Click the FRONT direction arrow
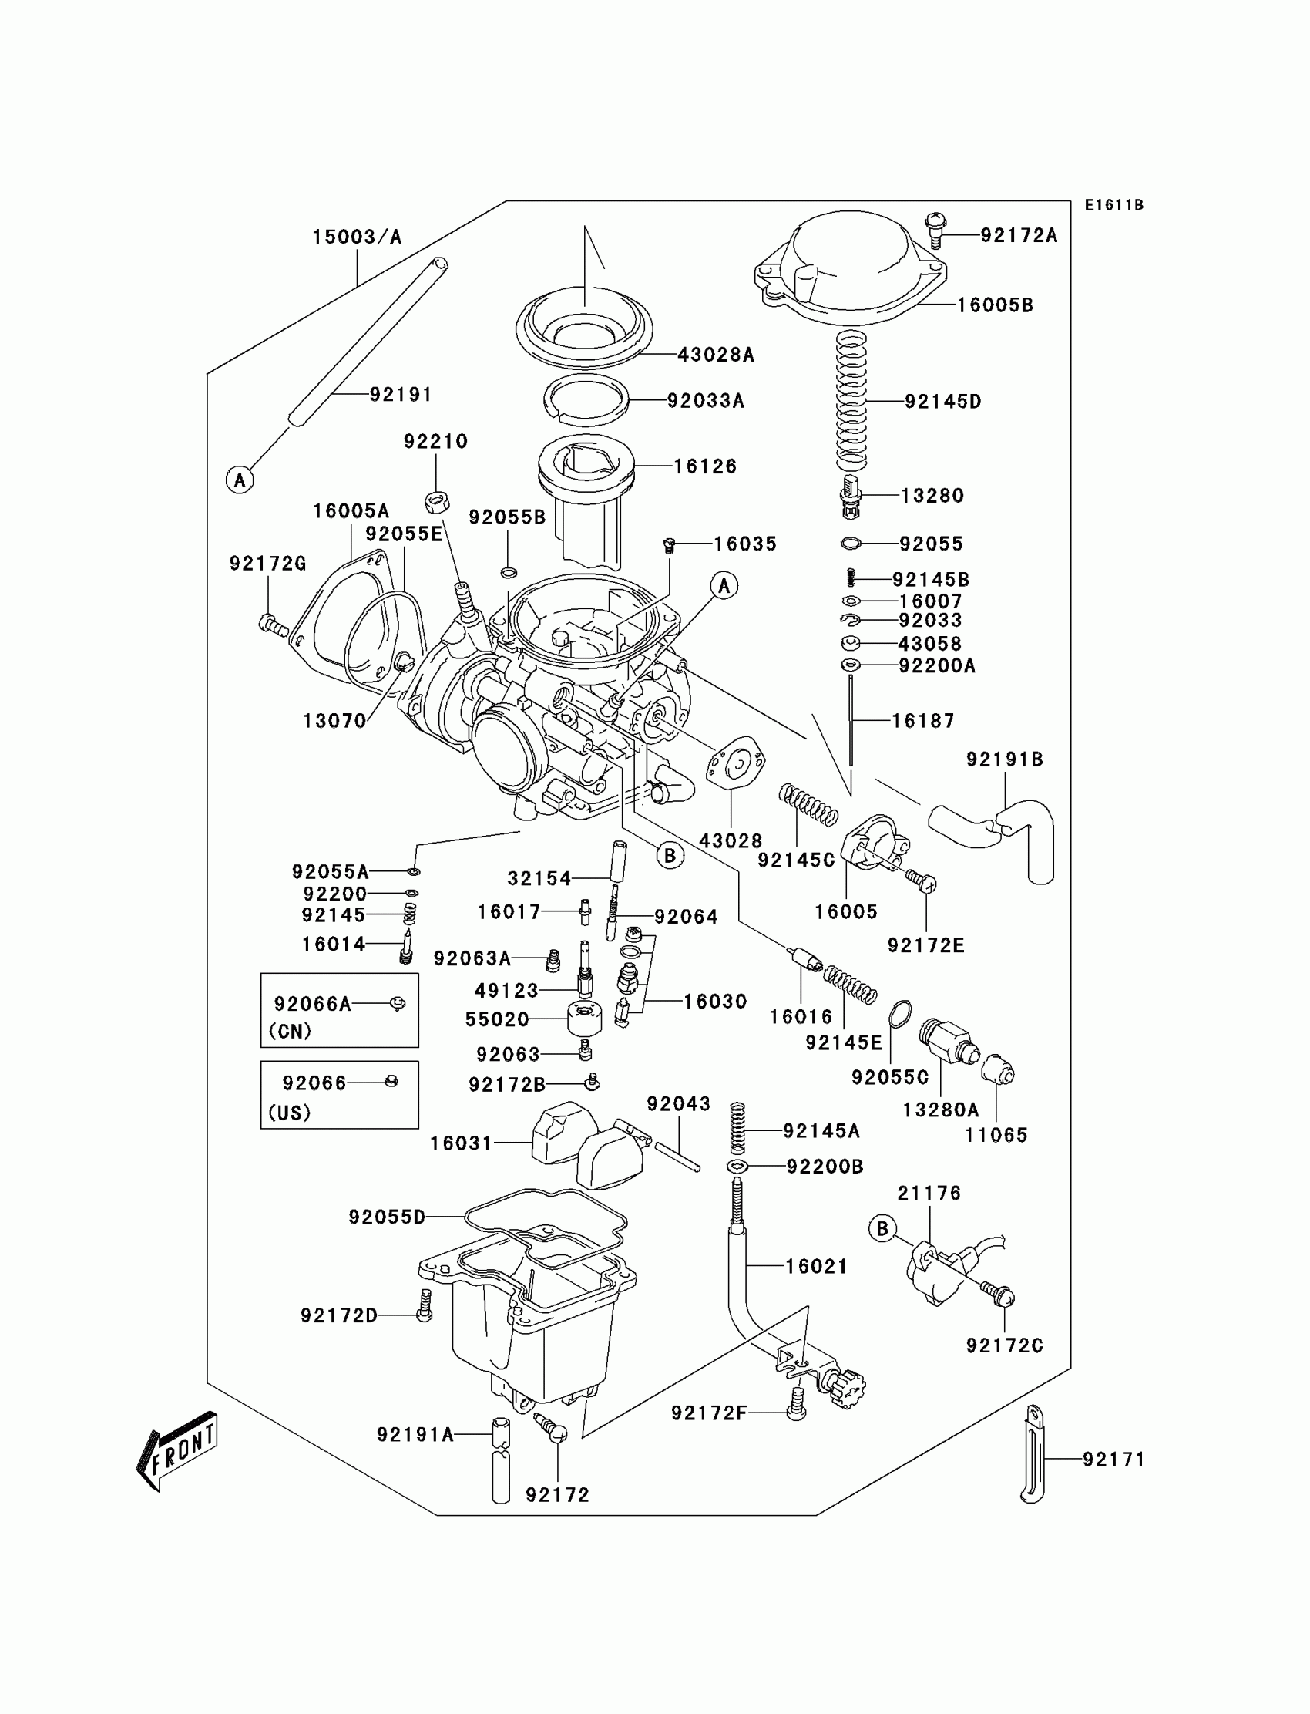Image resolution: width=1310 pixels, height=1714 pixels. pyautogui.click(x=177, y=1450)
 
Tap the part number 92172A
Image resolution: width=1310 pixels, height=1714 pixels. pyautogui.click(x=1019, y=235)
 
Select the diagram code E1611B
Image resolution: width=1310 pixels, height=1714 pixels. pyautogui.click(x=1113, y=205)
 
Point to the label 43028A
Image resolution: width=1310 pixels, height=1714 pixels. pyautogui.click(x=716, y=355)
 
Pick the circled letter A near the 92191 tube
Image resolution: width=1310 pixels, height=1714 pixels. pyautogui.click(x=240, y=480)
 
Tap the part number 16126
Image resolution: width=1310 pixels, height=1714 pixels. pyautogui.click(x=705, y=466)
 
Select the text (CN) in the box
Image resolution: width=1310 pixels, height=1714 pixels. pyautogui.click(x=290, y=1032)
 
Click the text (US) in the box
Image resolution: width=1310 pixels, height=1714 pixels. pyautogui.click(x=290, y=1113)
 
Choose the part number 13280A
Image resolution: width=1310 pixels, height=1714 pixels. pyautogui.click(x=940, y=1110)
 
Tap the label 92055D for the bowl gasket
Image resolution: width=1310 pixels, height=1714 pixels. pyautogui.click(x=387, y=1217)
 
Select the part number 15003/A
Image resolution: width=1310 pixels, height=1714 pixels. pyautogui.click(x=357, y=237)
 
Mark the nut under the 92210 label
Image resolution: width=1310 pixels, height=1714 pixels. pyautogui.click(x=437, y=501)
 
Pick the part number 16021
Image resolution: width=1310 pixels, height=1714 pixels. pyautogui.click(x=815, y=1266)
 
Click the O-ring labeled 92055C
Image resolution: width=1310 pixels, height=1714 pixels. pyautogui.click(x=899, y=1015)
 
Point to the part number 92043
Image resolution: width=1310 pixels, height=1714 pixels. pyautogui.click(x=678, y=1104)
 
